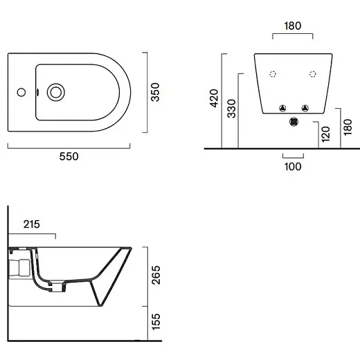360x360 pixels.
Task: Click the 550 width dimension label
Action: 69,156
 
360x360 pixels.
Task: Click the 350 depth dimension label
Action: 155,92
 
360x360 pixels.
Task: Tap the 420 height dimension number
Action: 214,98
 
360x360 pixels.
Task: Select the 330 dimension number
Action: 231,109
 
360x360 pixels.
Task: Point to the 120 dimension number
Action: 325,134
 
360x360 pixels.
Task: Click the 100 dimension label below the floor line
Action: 293,167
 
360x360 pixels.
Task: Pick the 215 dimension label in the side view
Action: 32,224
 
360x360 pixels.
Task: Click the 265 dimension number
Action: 156,275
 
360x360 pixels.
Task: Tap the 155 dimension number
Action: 156,321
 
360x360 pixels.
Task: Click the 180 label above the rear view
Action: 293,26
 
